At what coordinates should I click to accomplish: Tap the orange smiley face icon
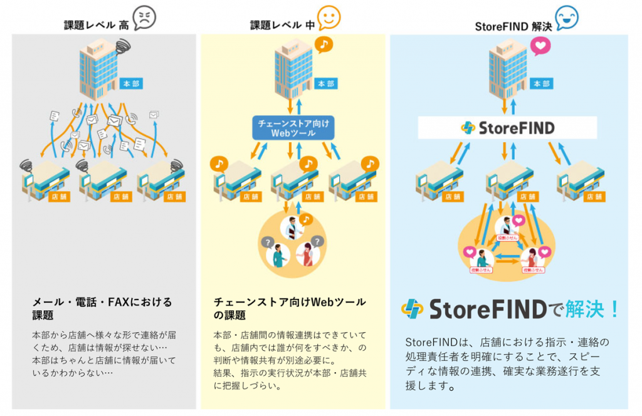(329, 18)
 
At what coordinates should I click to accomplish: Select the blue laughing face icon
(567, 17)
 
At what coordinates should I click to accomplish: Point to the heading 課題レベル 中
(282, 25)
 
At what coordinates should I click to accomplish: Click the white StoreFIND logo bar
(507, 128)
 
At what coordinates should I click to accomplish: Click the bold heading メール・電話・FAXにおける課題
(102, 308)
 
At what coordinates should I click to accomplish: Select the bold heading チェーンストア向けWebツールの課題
(290, 308)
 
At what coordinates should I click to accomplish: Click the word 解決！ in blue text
(592, 308)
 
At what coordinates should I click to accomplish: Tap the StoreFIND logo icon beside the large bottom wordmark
(412, 309)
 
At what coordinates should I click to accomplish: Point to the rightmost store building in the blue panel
(580, 182)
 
